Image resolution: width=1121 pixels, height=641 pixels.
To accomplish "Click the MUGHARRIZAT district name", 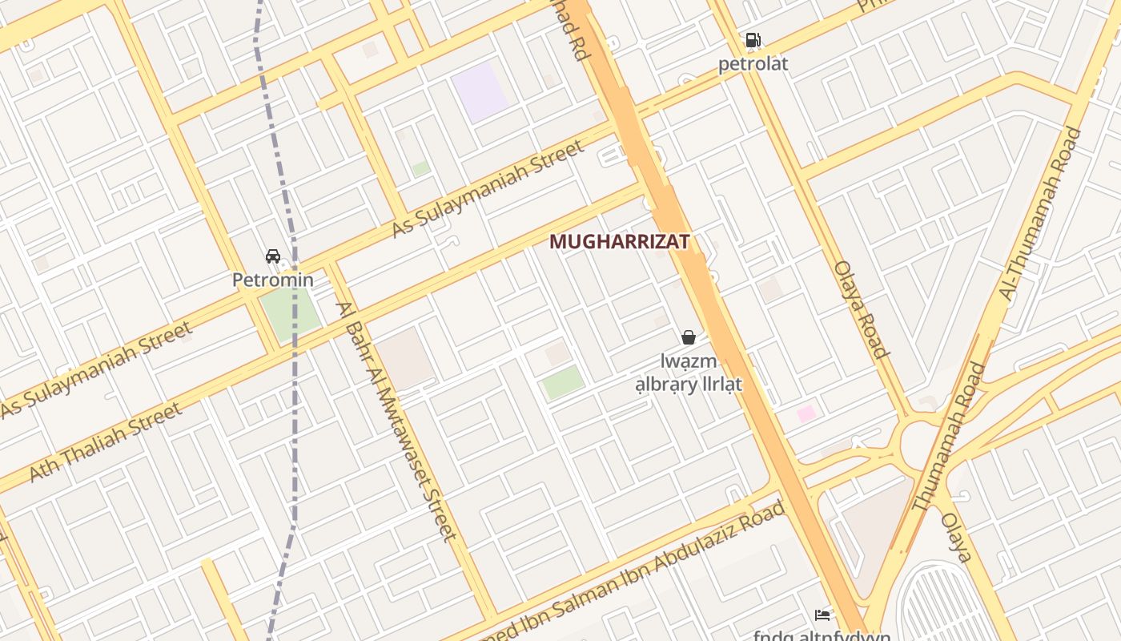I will [619, 241].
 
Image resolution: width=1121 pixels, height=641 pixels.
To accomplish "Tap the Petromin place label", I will [273, 280].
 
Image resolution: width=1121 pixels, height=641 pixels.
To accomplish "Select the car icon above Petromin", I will [273, 256].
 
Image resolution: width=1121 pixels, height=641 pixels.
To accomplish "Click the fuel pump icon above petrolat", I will [753, 40].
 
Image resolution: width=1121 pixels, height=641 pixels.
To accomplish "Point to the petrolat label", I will [753, 63].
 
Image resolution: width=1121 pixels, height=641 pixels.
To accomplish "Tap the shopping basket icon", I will [688, 337].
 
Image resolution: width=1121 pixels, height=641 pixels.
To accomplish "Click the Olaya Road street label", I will [862, 309].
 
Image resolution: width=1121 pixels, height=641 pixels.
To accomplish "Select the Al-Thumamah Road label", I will [1040, 214].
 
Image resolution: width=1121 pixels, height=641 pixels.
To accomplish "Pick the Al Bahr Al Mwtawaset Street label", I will [396, 421].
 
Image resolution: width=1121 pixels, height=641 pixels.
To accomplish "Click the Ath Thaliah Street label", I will [105, 442].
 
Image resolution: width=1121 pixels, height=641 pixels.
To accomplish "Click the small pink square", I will [806, 413].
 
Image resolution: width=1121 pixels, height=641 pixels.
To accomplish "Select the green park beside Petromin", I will [290, 313].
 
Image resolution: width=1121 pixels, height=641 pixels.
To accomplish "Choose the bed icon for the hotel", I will [822, 615].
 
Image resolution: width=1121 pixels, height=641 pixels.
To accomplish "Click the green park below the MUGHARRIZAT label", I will [563, 382].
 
